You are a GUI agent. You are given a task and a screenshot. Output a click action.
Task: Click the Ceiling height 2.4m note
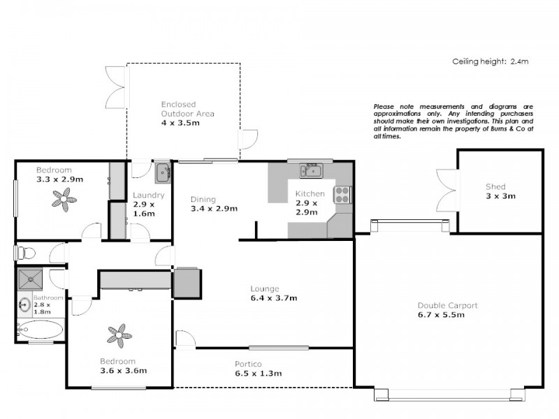(491, 61)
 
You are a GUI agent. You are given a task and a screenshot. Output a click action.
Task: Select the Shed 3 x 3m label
(500, 191)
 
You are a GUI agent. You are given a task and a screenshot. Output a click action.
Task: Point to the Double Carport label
(447, 310)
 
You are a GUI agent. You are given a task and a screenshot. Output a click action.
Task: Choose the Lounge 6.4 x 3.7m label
(274, 293)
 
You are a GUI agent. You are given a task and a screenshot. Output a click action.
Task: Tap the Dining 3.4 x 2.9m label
(214, 204)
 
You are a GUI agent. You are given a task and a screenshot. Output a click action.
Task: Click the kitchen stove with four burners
(343, 194)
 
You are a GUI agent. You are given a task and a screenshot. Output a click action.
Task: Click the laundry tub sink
(162, 171)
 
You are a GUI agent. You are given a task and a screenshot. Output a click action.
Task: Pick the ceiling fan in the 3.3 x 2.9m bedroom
(65, 202)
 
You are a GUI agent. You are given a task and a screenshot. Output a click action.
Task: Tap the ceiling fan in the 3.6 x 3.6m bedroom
(119, 335)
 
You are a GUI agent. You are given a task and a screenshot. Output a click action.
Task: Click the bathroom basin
(24, 305)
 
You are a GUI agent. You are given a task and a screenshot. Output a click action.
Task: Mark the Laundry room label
(148, 204)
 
